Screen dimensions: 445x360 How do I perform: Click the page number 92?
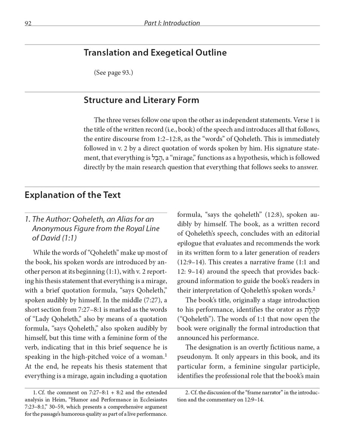[x=28, y=23]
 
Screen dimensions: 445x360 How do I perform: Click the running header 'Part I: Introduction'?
[x=172, y=23]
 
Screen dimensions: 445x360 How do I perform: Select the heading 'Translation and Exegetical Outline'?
[x=155, y=53]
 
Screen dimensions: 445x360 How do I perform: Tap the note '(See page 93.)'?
[x=113, y=73]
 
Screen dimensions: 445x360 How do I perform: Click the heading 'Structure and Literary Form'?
[x=141, y=100]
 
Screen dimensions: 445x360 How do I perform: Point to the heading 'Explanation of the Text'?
[x=72, y=195]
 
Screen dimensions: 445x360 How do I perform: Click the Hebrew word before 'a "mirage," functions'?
[x=157, y=158]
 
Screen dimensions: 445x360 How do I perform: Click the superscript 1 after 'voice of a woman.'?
[x=166, y=355]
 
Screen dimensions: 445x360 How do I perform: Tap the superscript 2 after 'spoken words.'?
[x=314, y=289]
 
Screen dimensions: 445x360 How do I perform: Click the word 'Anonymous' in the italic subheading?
[x=51, y=229]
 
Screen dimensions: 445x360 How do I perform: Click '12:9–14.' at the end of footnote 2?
[x=253, y=400]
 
